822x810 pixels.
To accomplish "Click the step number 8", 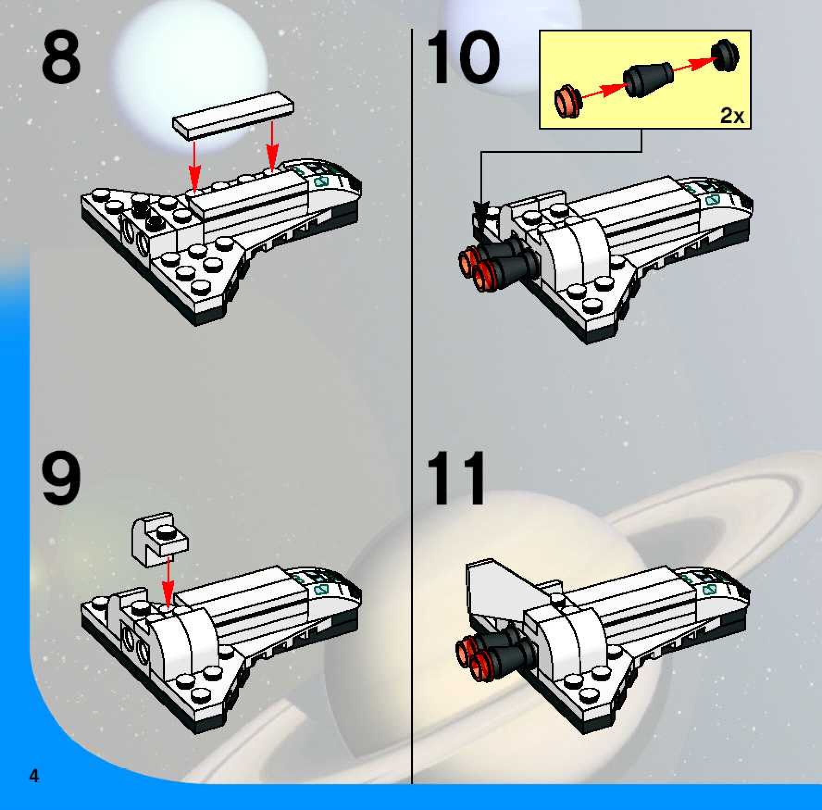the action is pyautogui.click(x=61, y=59).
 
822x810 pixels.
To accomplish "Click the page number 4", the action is pyautogui.click(x=34, y=775).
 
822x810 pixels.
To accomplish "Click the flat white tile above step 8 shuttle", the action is pyautogui.click(x=233, y=115).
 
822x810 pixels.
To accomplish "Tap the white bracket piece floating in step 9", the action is pyautogui.click(x=160, y=539).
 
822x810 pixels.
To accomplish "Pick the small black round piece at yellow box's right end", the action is pyautogui.click(x=725, y=56).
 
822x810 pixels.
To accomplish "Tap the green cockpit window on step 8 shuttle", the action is pyautogui.click(x=320, y=181).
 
